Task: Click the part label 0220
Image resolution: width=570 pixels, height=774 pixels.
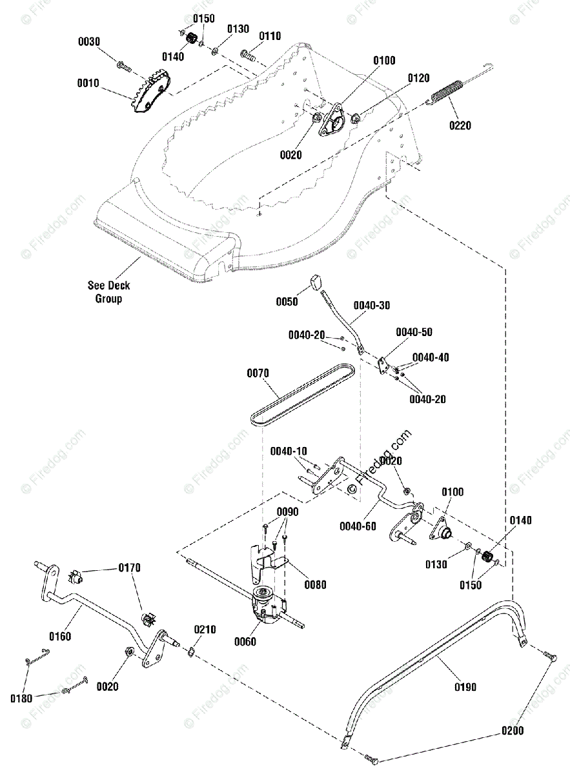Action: click(460, 125)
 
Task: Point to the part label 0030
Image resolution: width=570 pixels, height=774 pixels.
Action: click(89, 42)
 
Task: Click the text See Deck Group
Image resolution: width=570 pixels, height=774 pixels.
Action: click(108, 292)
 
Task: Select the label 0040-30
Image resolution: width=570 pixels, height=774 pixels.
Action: click(372, 306)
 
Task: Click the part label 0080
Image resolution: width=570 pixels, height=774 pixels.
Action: click(316, 584)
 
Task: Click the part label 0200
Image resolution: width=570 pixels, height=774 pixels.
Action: click(513, 730)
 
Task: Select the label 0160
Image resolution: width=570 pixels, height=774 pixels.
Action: click(60, 636)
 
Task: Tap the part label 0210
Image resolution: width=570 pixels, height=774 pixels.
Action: click(205, 630)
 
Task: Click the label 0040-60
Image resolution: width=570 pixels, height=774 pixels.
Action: click(358, 526)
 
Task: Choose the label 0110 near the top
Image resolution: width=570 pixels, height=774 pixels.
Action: click(270, 36)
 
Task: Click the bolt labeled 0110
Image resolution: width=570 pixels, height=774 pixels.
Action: click(248, 55)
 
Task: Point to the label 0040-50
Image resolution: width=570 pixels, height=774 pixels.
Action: click(414, 332)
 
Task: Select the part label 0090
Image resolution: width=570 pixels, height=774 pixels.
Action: click(288, 511)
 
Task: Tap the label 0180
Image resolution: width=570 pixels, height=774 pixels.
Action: click(21, 699)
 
